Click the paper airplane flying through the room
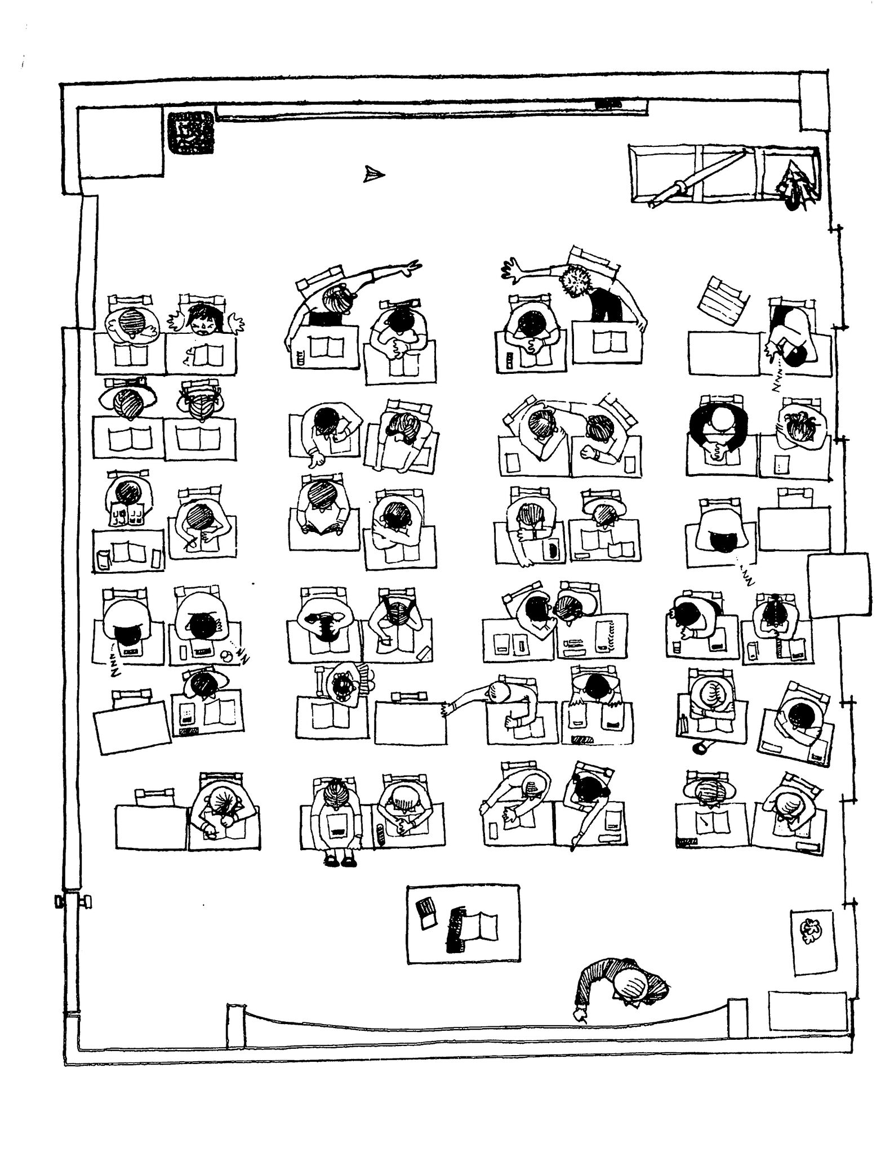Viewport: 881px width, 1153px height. point(373,175)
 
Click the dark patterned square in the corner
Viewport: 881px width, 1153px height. point(190,133)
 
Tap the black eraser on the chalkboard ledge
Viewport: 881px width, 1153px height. point(607,103)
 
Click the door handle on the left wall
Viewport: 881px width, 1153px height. point(59,902)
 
